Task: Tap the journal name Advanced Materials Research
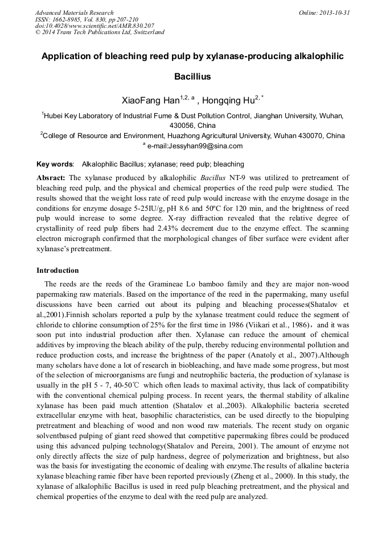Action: tap(74, 13)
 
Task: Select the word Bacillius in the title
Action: tap(192, 76)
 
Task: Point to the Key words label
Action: tap(55, 164)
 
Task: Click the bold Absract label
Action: tap(51, 178)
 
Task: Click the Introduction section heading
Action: tap(58, 270)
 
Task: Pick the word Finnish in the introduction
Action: tap(75, 315)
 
